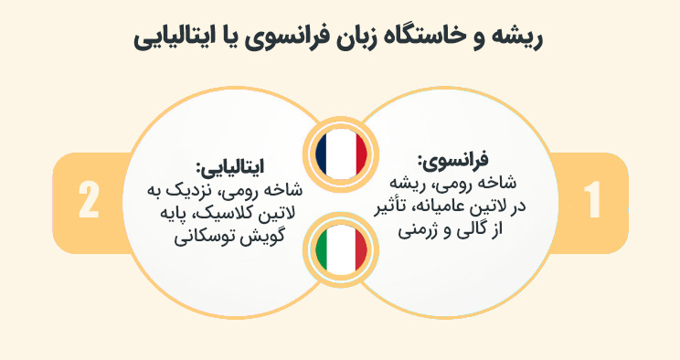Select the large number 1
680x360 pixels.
(591, 200)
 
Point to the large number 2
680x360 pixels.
(89, 200)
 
